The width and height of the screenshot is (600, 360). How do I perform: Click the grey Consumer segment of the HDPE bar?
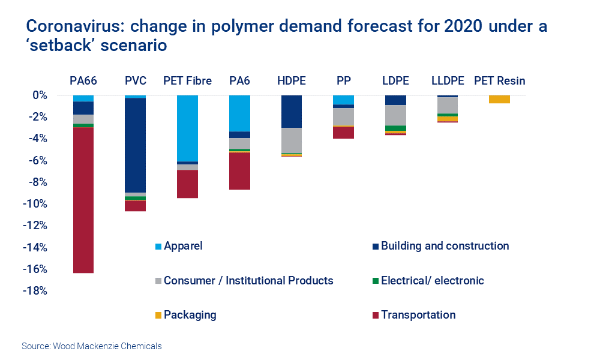coord(291,140)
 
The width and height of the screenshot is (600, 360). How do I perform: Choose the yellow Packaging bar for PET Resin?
coord(499,99)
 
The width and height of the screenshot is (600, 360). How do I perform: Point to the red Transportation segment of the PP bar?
coord(343,133)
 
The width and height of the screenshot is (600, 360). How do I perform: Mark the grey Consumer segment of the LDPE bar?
coord(395,115)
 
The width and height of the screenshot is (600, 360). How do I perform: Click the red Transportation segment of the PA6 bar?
coord(239,171)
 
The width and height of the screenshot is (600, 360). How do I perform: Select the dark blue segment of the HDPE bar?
coord(291,111)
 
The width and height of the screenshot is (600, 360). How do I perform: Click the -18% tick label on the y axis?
coord(35,291)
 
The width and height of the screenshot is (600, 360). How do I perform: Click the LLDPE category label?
coord(447,80)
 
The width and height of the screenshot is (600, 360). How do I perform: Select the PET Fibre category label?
coord(187,80)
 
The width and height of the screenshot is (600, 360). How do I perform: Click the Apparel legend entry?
coord(183,246)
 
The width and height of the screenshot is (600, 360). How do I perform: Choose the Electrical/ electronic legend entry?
coord(432,280)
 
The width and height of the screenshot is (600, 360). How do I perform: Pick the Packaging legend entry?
coord(190,315)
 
